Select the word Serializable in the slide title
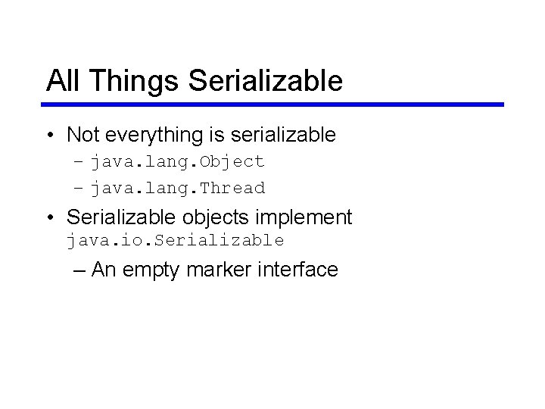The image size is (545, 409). coord(265,80)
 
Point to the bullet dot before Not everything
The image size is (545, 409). coord(49,136)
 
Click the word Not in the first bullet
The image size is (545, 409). coord(84,135)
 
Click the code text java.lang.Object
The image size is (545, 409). coord(178,161)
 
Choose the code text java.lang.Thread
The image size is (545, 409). coord(178,188)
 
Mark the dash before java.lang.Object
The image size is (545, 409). coord(80,162)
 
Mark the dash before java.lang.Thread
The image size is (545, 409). coord(80,189)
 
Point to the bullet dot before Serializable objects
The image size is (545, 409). coord(49,218)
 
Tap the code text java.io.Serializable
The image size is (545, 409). coord(175,241)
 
